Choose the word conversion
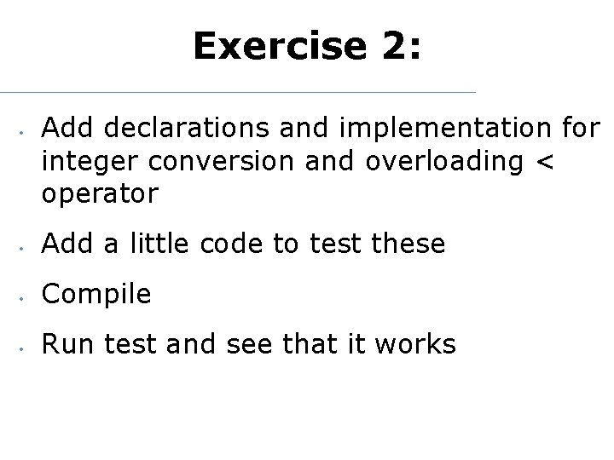coord(214,161)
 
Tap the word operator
coord(100,194)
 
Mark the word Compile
coord(96,295)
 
